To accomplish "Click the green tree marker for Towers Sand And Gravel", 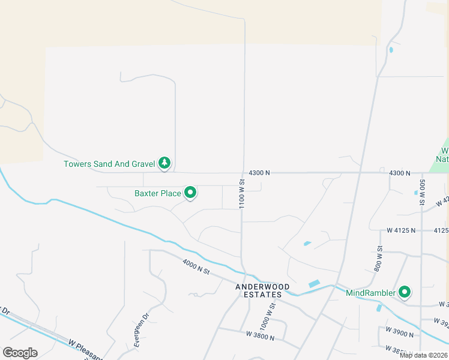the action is point(164,163).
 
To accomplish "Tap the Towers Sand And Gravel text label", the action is point(110,163).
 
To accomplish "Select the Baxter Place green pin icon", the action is point(190,193).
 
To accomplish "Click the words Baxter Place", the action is point(158,193).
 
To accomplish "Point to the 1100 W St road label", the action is point(242,193).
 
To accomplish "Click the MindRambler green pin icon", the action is point(405,292).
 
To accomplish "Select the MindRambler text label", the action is point(371,293).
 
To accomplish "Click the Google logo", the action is point(20,353).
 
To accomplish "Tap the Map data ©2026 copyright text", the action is point(423,355).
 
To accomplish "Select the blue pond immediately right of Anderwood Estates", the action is point(314,283).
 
